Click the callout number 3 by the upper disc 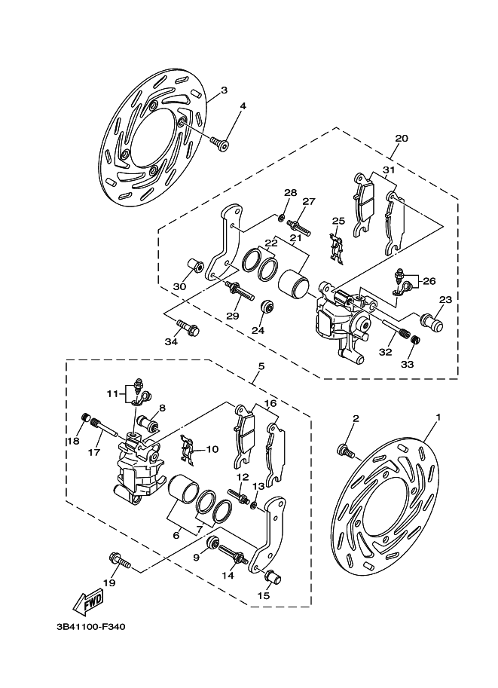pos(225,91)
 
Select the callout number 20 pos(401,139)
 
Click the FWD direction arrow pos(88,601)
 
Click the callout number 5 pos(260,367)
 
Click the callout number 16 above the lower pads pos(269,404)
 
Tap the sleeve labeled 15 pos(273,579)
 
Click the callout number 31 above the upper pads pos(388,170)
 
